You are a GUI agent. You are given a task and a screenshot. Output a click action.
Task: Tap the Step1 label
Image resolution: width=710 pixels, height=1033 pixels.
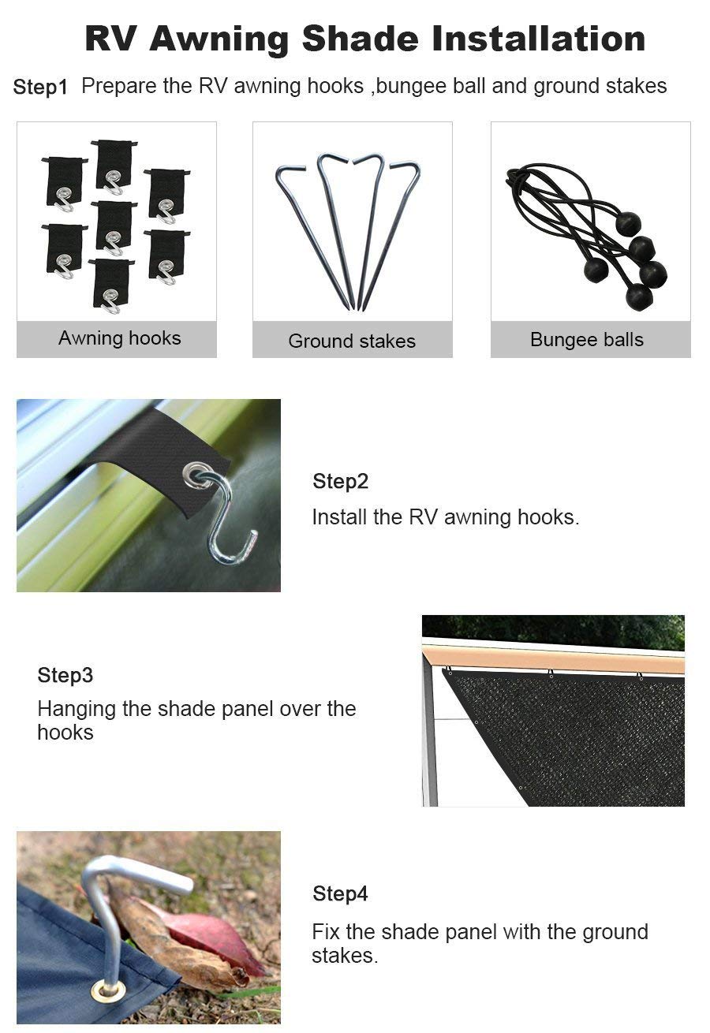tap(40, 87)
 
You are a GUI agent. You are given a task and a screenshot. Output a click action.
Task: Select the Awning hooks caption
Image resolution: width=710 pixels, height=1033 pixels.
tap(119, 338)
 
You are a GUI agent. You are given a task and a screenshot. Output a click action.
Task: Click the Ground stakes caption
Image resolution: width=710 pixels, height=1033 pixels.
tap(352, 341)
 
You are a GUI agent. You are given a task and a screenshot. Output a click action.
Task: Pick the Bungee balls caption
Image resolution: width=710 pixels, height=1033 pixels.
tap(587, 340)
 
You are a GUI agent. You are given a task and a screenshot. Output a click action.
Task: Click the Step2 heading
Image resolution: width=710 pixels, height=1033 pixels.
tap(340, 481)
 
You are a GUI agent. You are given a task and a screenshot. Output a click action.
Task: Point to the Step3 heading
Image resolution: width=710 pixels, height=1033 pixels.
tap(65, 676)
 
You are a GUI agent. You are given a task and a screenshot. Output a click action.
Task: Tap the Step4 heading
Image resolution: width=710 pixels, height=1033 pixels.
tap(340, 893)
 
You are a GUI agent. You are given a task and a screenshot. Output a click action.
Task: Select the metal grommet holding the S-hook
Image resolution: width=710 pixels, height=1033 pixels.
tap(192, 475)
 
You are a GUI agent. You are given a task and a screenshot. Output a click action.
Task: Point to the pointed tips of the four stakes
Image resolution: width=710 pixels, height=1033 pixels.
tap(355, 304)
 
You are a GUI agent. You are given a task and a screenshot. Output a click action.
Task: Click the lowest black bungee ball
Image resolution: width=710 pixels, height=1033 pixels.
tap(638, 296)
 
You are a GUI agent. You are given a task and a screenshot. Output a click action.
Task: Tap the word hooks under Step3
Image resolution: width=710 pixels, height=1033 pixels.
tap(65, 733)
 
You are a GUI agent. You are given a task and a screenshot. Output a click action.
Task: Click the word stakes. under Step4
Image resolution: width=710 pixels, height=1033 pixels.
tap(345, 956)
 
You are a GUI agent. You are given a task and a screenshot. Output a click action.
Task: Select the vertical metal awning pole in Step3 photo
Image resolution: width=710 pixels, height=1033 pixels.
tap(430, 733)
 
